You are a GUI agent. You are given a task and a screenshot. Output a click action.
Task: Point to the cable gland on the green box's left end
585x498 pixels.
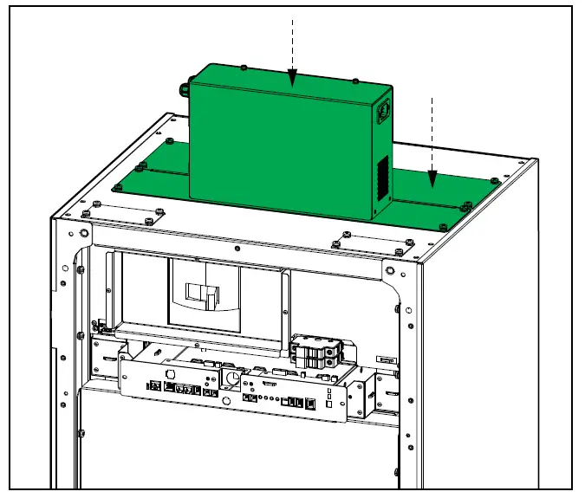pos(185,87)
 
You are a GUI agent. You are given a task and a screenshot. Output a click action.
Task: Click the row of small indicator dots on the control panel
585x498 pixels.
pos(275,399)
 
